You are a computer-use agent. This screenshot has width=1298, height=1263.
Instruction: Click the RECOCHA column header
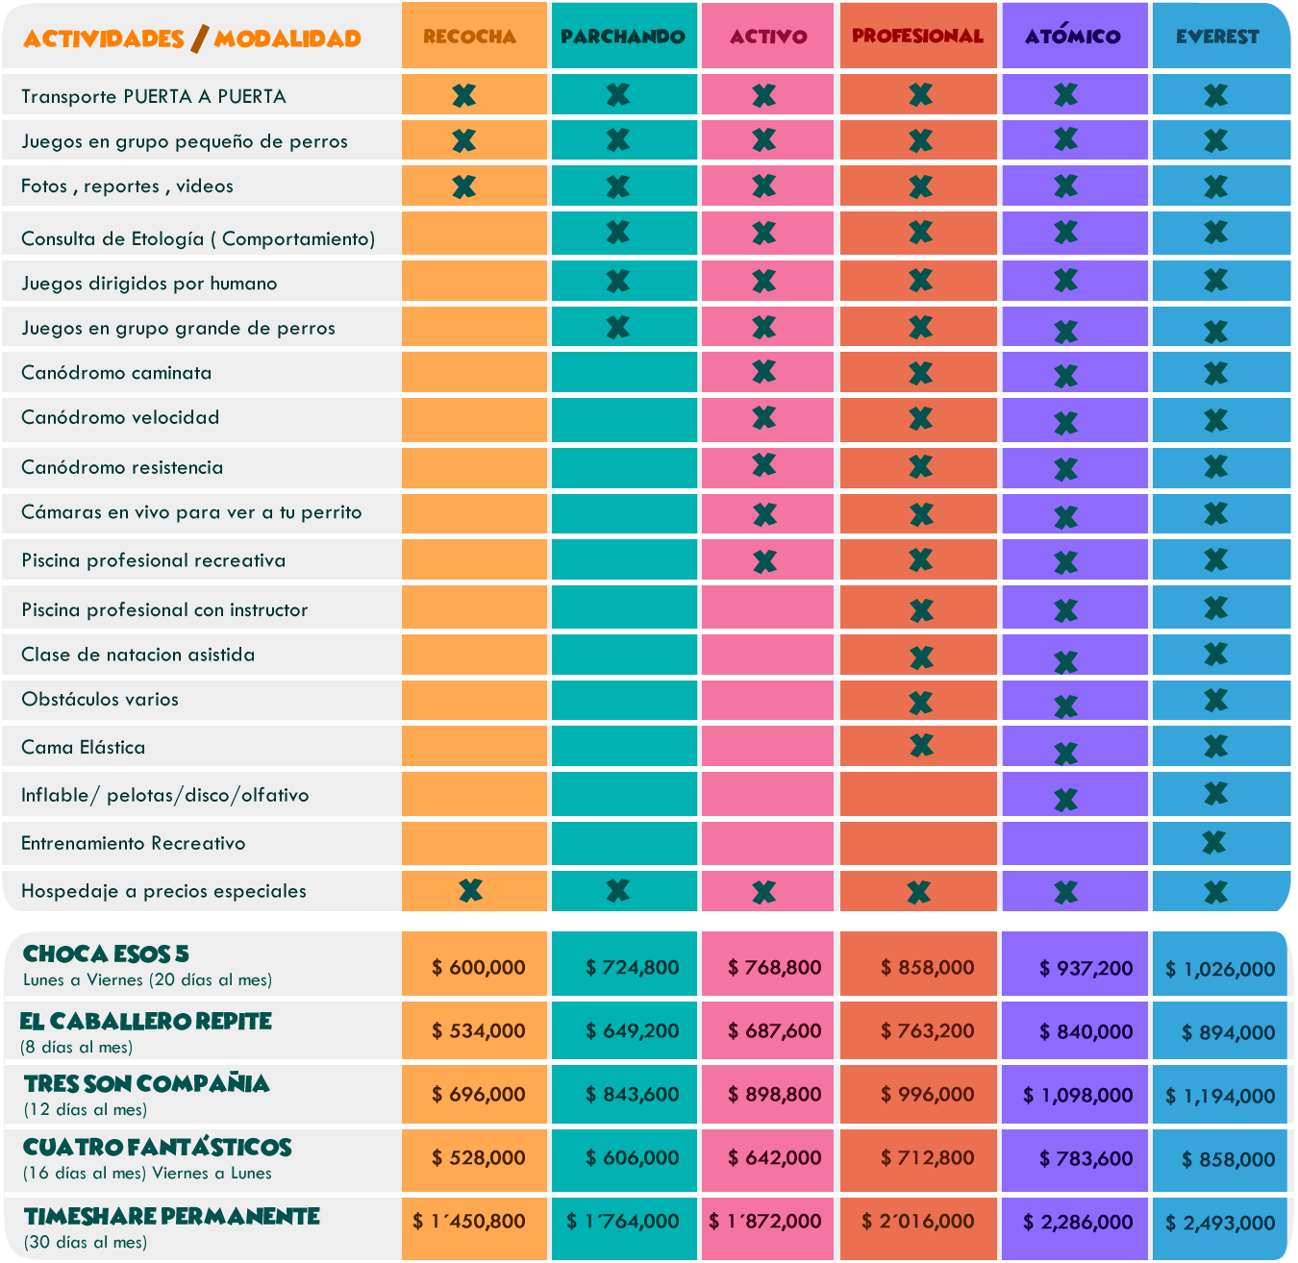[470, 37]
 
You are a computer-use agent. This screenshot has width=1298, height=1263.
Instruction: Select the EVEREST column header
[1217, 37]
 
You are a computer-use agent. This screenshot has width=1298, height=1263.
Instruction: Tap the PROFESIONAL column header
[917, 37]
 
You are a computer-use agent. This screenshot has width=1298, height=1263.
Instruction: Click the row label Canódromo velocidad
[120, 417]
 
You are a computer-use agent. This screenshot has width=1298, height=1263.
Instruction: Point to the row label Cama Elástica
[84, 747]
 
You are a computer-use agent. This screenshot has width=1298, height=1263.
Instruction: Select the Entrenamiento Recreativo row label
[134, 843]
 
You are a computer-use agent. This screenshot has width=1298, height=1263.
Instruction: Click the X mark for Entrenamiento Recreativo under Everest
[1215, 842]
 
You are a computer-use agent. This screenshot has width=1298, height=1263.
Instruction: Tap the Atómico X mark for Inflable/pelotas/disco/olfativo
[1065, 799]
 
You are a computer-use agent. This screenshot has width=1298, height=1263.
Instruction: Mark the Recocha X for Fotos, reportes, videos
[463, 186]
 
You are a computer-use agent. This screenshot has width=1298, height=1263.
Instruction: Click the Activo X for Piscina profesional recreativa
[764, 560]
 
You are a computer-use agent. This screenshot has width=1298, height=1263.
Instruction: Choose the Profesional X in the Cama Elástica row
[921, 745]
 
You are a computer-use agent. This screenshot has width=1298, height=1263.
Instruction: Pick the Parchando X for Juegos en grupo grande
[617, 327]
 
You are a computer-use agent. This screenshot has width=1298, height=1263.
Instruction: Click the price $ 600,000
[479, 967]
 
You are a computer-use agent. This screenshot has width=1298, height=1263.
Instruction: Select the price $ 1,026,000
[1220, 969]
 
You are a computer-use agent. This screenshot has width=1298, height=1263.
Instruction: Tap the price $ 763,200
[928, 1030]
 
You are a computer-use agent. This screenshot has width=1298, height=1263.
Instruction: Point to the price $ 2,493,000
[1220, 1223]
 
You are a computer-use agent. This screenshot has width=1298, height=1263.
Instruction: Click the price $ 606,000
[633, 1157]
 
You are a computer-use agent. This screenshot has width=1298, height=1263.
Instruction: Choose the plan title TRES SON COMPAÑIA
[147, 1083]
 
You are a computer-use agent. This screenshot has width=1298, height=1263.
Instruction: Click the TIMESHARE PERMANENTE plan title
[172, 1216]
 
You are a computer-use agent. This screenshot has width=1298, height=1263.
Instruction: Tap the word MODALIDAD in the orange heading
[287, 38]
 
